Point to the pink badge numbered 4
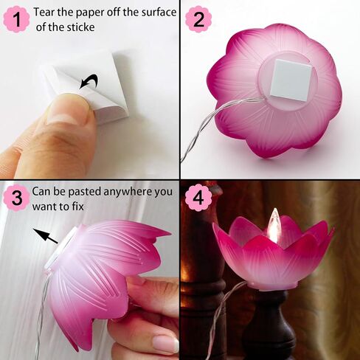[x=197, y=197]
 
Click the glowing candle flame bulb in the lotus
[x=273, y=226]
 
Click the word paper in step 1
[x=94, y=13]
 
